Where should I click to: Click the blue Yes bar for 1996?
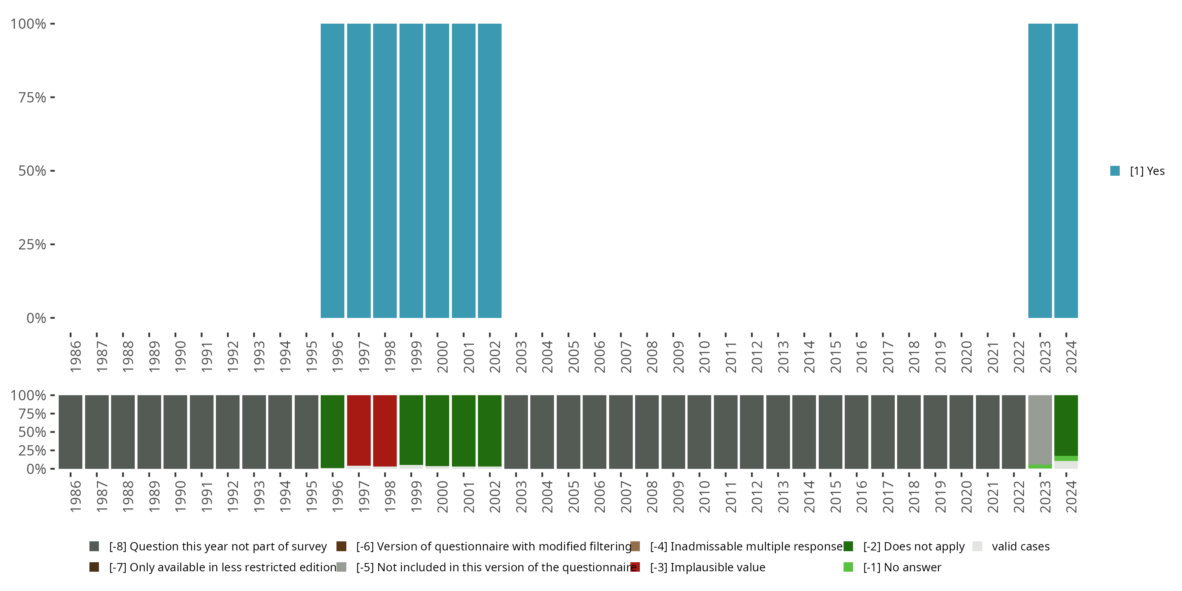[x=332, y=171]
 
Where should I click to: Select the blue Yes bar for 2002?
[x=490, y=171]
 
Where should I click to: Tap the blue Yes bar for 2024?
[x=1066, y=171]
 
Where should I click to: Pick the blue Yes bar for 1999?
[x=411, y=171]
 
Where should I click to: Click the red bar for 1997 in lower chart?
[x=359, y=430]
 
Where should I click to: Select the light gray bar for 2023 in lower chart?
[x=1040, y=429]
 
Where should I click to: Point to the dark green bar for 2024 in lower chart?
[x=1066, y=425]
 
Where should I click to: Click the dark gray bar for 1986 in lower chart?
[x=71, y=432]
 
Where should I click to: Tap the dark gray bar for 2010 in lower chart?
[x=699, y=432]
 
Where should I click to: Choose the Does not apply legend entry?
[x=913, y=546]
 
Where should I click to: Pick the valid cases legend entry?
[x=1020, y=546]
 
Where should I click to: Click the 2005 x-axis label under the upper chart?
[x=574, y=357]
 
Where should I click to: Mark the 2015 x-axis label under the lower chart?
[x=836, y=497]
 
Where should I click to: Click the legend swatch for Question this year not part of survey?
[x=94, y=546]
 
